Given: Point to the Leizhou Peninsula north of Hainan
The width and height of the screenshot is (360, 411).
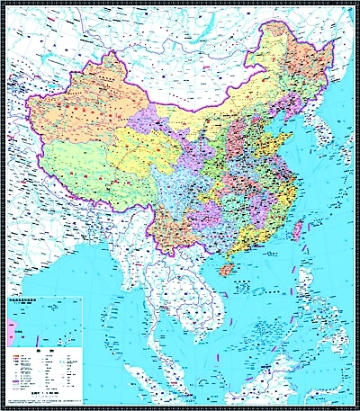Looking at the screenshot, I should click(x=229, y=255).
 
